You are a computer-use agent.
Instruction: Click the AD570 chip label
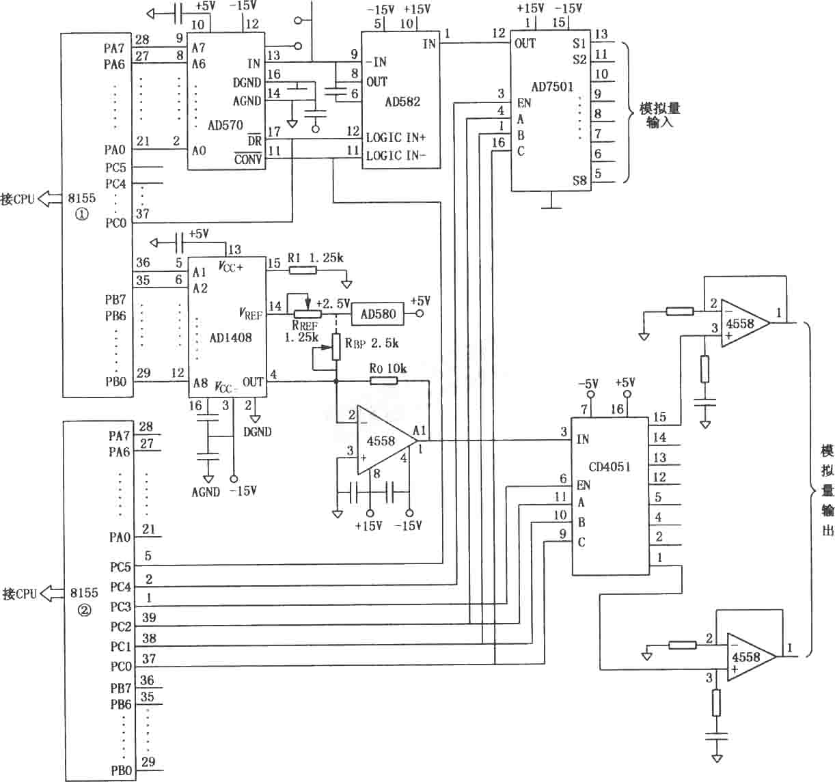click(225, 125)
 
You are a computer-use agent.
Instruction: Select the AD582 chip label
click(402, 102)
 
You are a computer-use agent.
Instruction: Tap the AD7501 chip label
click(553, 87)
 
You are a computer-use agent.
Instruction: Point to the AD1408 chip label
click(230, 337)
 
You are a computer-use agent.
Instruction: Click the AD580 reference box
click(378, 314)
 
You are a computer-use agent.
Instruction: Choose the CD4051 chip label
click(610, 466)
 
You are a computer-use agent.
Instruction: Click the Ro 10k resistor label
click(387, 369)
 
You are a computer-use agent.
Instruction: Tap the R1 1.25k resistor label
click(315, 257)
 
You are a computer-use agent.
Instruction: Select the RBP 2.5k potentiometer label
click(372, 343)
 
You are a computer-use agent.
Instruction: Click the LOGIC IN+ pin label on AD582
click(396, 137)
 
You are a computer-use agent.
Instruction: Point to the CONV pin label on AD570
click(248, 159)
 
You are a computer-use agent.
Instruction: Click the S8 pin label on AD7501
click(579, 180)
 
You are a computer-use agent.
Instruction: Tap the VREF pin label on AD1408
click(251, 314)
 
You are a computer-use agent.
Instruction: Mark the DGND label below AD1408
click(258, 432)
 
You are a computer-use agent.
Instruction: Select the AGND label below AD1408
click(206, 492)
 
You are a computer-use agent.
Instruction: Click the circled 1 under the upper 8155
click(82, 214)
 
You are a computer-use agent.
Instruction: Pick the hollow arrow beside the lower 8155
click(51, 594)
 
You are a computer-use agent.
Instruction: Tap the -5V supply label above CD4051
click(588, 383)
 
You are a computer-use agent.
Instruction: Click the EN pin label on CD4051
click(583, 485)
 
